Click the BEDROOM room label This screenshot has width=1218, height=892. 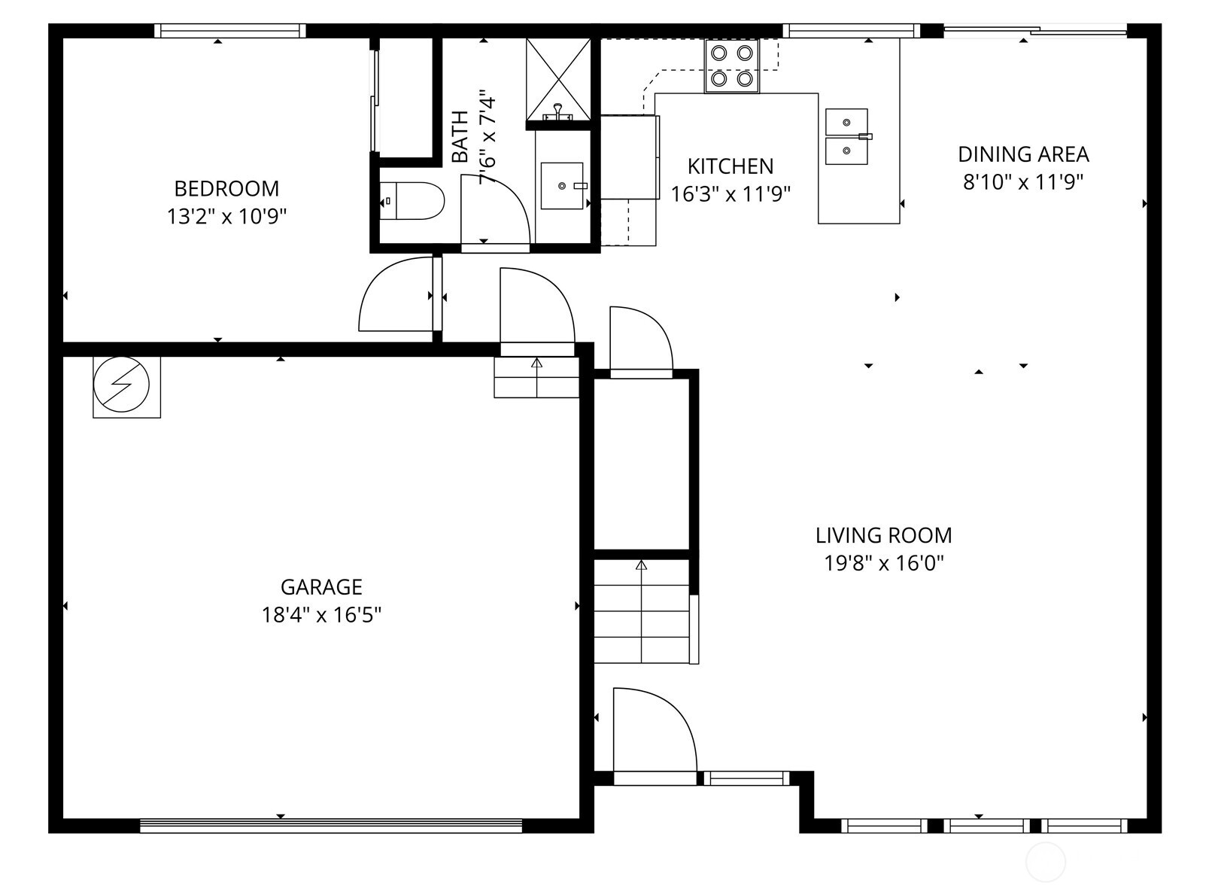pyautogui.click(x=226, y=188)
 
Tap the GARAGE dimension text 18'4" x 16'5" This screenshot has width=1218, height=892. pyautogui.click(x=321, y=615)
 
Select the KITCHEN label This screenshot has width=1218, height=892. pyautogui.click(x=730, y=166)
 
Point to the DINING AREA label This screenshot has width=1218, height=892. pyautogui.click(x=1023, y=154)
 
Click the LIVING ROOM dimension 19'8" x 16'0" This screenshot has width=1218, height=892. pyautogui.click(x=884, y=563)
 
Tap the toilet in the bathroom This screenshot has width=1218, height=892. pyautogui.click(x=412, y=201)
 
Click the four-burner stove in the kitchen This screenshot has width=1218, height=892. pyautogui.click(x=732, y=66)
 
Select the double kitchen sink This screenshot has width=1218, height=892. pyautogui.click(x=847, y=136)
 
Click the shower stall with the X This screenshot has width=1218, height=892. pyautogui.click(x=558, y=78)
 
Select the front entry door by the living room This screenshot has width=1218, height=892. pyautogui.click(x=654, y=734)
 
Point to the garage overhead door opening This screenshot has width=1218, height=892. pyautogui.click(x=331, y=826)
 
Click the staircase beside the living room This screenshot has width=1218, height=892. pyautogui.click(x=642, y=611)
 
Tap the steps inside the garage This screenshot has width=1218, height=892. pyautogui.click(x=536, y=377)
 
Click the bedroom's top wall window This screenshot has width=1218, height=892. pyautogui.click(x=230, y=31)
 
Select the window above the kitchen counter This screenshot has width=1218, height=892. pyautogui.click(x=851, y=31)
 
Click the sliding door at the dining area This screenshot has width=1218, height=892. pyautogui.click(x=1035, y=31)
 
